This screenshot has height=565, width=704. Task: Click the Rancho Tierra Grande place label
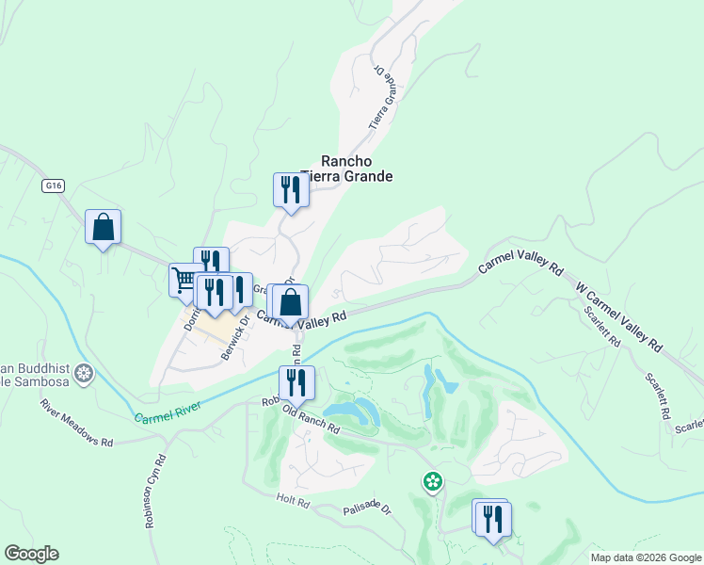(x=345, y=169)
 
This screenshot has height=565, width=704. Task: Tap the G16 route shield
(x=53, y=186)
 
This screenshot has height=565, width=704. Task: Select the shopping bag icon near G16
(x=103, y=227)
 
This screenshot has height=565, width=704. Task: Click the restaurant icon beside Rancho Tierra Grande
(x=291, y=190)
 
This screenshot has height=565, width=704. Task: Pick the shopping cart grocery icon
(x=184, y=280)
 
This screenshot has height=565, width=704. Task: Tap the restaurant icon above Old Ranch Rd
(x=296, y=382)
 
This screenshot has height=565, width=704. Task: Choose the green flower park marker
(x=432, y=482)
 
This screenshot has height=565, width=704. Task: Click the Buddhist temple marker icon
(x=84, y=375)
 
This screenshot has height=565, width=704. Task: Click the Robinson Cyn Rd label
(x=156, y=492)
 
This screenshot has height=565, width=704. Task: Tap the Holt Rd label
(x=293, y=501)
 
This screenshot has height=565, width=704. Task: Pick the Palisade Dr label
(x=366, y=508)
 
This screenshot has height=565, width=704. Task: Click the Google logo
(x=31, y=554)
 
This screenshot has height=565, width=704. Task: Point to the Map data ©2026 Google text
(x=645, y=557)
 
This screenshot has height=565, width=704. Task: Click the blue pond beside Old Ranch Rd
(x=350, y=410)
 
